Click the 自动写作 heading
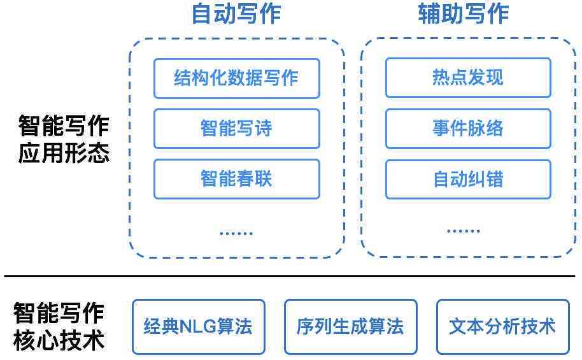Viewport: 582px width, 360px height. [x=236, y=14]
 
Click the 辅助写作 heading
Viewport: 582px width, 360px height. [x=464, y=14]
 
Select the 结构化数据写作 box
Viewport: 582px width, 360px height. [x=236, y=78]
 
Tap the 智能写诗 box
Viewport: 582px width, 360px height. [x=236, y=129]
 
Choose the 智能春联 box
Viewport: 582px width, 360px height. [x=236, y=179]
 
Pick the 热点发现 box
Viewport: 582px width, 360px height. [x=468, y=78]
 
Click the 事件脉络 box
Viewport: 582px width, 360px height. [x=468, y=129]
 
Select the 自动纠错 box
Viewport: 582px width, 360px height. [x=468, y=179]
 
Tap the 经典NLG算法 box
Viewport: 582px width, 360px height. [x=198, y=327]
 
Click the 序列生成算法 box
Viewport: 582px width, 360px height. [x=350, y=327]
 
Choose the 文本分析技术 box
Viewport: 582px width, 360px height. [x=502, y=327]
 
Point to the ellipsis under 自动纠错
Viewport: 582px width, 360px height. [x=464, y=231]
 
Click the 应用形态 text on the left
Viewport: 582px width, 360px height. [x=64, y=154]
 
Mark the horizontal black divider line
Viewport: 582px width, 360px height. [x=290, y=276]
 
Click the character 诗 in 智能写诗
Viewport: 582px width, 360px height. [x=263, y=129]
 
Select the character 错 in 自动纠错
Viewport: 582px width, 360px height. [x=494, y=179]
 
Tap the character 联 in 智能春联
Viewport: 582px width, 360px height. [x=263, y=179]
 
